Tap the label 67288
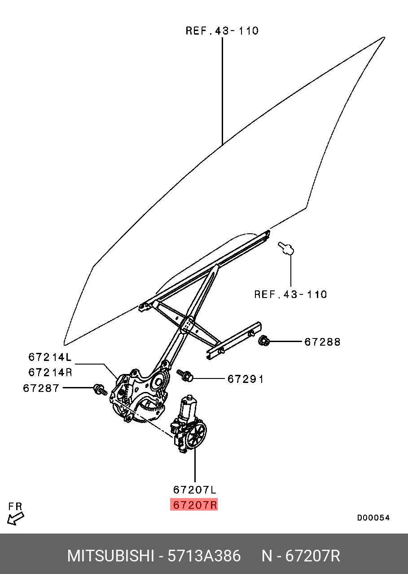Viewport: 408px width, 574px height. pos(322,342)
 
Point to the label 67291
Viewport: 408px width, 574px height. pos(246,379)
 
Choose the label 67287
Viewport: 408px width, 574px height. pos(41,387)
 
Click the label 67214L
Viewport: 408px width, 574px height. pos(50,357)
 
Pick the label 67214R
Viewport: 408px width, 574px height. pos(50,372)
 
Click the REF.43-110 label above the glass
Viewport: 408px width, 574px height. pos(222,31)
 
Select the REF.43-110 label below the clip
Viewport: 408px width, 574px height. pos(290,294)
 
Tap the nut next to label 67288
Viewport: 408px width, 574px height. pos(264,341)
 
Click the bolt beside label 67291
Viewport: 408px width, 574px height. pos(185,375)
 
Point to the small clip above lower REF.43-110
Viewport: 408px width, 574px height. pos(286,248)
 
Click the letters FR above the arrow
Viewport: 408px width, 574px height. pos(15,507)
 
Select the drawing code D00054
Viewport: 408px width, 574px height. pos(373,517)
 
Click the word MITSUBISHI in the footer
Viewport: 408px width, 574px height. pos(110,556)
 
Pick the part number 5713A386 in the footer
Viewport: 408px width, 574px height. pos(204,556)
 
